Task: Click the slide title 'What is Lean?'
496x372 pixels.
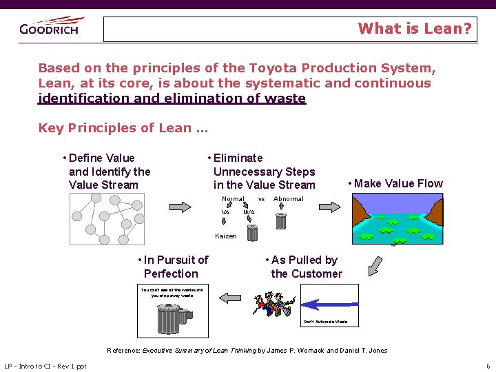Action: click(x=415, y=29)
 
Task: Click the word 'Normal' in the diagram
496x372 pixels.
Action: click(x=233, y=199)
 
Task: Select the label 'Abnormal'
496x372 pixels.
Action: click(x=289, y=199)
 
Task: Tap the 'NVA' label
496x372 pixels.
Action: click(x=249, y=212)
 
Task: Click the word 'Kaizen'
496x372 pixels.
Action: click(x=225, y=236)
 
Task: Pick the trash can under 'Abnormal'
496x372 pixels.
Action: click(x=280, y=220)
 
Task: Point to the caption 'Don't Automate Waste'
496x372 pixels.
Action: click(x=325, y=322)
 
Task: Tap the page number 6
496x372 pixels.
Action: click(x=487, y=365)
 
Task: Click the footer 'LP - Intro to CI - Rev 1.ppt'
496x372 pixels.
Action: click(x=45, y=365)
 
